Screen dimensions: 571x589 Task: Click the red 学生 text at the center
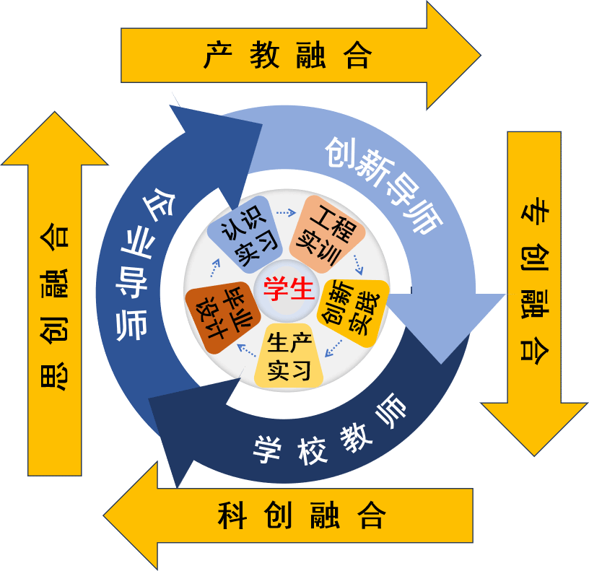pos(289,289)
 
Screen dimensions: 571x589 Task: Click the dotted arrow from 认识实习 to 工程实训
pos(286,212)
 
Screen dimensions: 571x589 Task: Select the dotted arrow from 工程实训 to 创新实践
pos(359,264)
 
